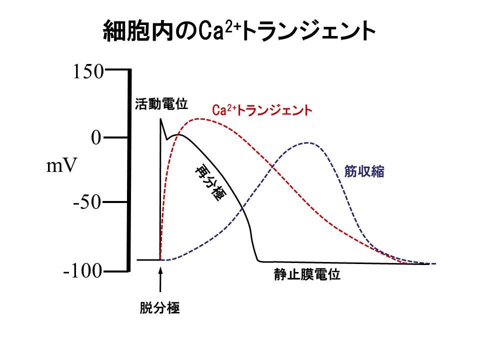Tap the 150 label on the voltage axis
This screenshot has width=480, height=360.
(x=88, y=72)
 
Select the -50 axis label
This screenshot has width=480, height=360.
(x=88, y=202)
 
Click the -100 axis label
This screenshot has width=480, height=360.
(x=83, y=271)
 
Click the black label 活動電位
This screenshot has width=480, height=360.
(x=161, y=104)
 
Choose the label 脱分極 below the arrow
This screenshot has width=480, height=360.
(x=159, y=307)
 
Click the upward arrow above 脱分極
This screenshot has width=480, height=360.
(x=160, y=280)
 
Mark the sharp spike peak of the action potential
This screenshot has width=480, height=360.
(x=160, y=119)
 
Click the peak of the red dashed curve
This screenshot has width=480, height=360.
(x=200, y=118)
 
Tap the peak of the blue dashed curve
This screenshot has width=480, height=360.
(x=308, y=142)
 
